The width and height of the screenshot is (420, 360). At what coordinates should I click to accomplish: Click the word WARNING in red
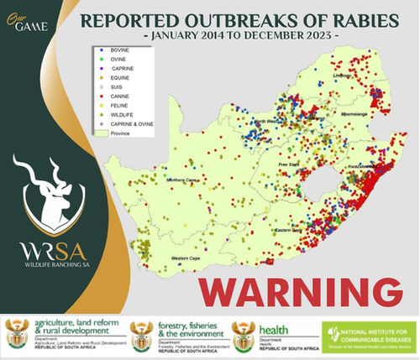pyautogui.click(x=298, y=290)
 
